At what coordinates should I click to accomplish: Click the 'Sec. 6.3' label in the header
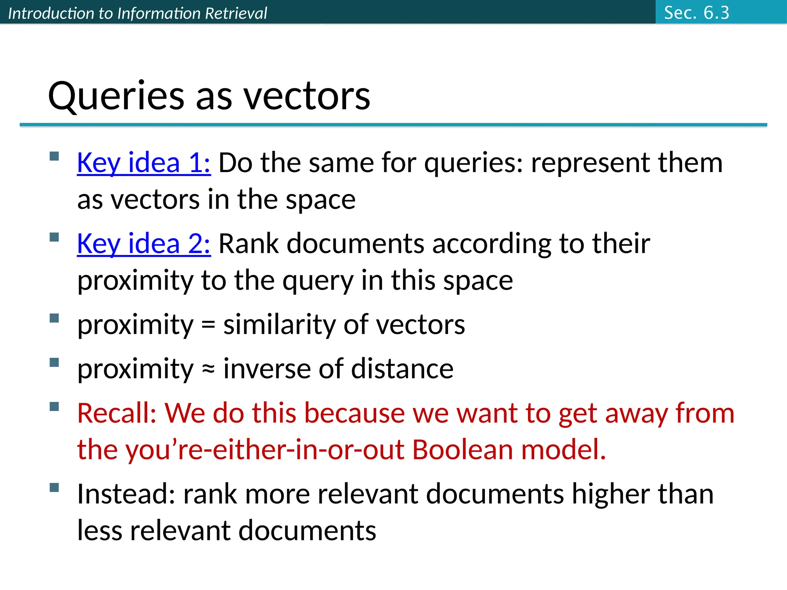pos(696,13)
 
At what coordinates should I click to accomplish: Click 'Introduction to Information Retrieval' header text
pos(137,13)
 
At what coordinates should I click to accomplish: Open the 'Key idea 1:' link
pos(144,163)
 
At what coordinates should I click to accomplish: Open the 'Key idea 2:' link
pos(144,244)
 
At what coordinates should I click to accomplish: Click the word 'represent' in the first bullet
pos(590,163)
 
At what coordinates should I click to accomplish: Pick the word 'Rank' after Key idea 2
pos(248,244)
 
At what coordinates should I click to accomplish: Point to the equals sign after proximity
pos(208,325)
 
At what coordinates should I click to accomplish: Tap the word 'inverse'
pos(267,369)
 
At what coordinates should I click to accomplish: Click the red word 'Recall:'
pos(117,413)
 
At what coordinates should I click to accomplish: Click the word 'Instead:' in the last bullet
pos(126,494)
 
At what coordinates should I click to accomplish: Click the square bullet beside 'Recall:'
pos(54,406)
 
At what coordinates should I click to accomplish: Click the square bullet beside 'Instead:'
pos(54,487)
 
